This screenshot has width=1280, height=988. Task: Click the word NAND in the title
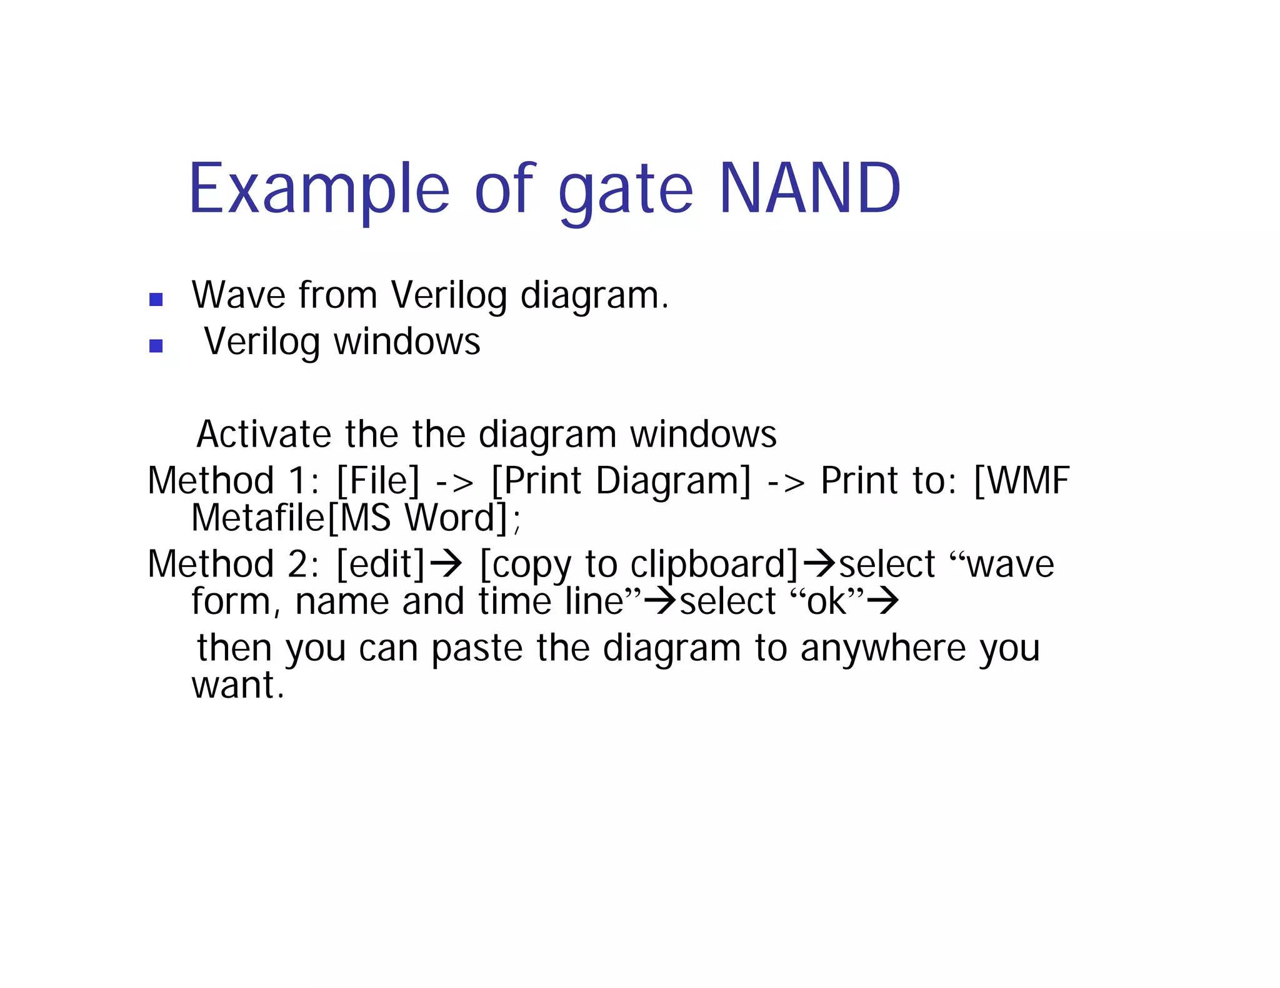pos(809,189)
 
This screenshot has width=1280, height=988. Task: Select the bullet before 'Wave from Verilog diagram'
pos(156,300)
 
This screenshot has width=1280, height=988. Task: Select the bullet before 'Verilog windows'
pos(156,346)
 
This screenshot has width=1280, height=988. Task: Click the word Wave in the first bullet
pos(237,295)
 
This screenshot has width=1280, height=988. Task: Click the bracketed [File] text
pos(378,481)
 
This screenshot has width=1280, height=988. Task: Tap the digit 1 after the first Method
pos(296,481)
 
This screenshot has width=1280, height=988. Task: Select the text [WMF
pos(1021,481)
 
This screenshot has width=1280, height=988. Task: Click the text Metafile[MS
pos(291,518)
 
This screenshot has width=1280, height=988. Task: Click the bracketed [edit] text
pos(381,564)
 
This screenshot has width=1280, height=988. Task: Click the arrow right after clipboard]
pos(819,564)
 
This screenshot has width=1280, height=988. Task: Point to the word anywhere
pos(883,648)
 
